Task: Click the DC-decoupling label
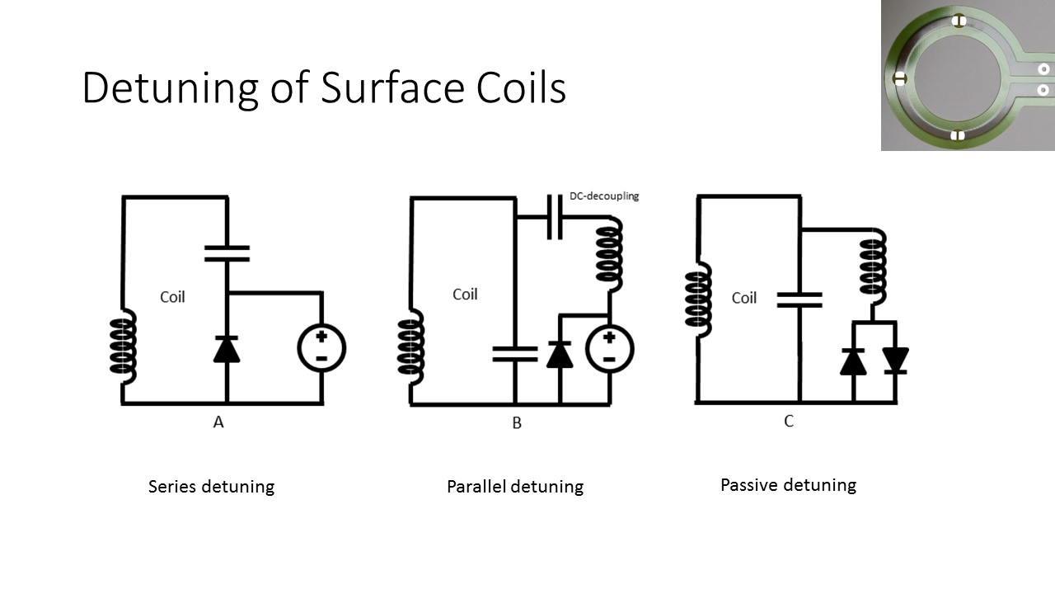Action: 604,196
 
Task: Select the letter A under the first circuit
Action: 218,422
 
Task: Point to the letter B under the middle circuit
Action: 517,423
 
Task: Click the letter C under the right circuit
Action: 789,422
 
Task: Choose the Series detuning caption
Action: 211,486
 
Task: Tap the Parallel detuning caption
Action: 515,487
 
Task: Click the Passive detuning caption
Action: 788,484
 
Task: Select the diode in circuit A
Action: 227,349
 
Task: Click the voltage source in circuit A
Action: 321,348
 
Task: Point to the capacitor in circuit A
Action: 227,252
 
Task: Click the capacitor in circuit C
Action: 799,299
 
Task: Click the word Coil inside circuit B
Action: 465,295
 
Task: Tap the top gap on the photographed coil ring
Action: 958,21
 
